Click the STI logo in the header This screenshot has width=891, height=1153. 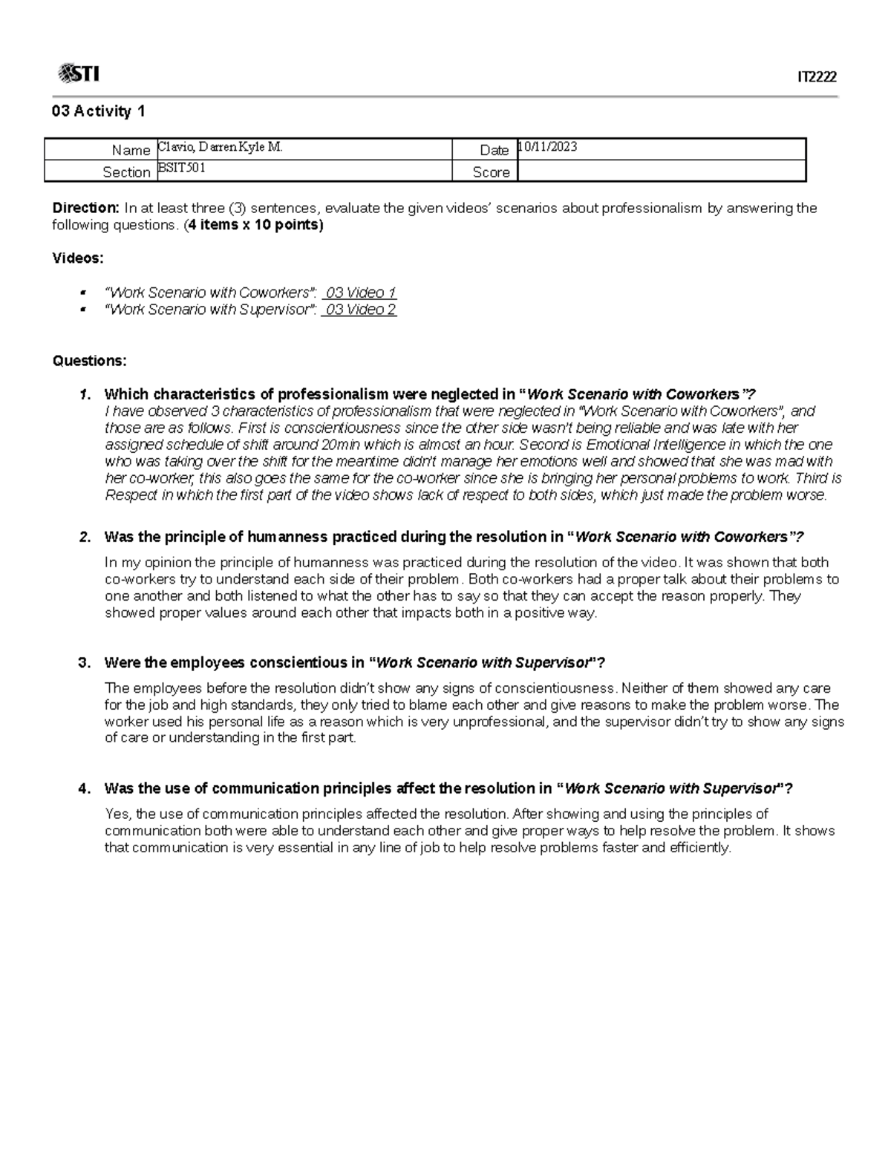79,74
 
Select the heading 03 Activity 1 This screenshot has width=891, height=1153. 98,111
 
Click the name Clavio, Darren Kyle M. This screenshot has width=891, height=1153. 221,147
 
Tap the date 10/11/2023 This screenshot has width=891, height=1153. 548,147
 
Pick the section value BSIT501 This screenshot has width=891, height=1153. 182,169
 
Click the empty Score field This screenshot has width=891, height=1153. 661,172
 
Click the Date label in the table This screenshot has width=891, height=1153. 494,150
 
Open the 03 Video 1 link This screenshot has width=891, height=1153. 360,293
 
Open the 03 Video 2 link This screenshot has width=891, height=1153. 360,310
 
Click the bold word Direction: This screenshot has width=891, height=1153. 85,208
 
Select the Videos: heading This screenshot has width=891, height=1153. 78,258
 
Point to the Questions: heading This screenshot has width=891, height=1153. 89,361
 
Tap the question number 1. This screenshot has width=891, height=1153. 84,394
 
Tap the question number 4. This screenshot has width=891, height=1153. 84,788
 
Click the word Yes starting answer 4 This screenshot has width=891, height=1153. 117,814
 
